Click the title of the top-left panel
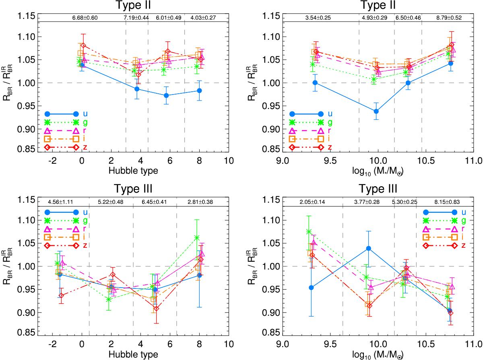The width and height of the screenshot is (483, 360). pos(133,5)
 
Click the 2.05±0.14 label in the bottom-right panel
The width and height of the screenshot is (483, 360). pos(312,202)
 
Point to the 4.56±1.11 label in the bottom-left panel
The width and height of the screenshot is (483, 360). pos(60,202)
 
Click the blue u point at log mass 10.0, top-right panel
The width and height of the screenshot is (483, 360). pos(376,111)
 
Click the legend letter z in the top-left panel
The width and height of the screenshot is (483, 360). pos(85,148)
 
